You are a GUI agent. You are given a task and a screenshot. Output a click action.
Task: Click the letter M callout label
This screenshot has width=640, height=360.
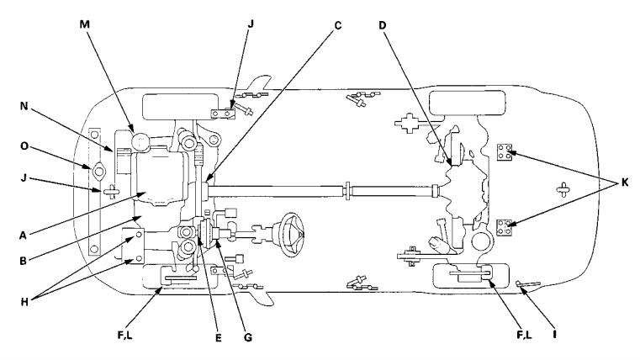click(x=84, y=24)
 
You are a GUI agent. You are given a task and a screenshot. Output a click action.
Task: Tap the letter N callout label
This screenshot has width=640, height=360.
click(x=24, y=106)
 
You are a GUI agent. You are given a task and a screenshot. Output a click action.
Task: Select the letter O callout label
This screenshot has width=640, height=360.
click(x=24, y=146)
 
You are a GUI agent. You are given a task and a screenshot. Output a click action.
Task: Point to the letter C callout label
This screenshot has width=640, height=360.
click(x=337, y=26)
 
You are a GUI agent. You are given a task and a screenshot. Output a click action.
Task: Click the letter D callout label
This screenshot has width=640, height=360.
click(x=382, y=25)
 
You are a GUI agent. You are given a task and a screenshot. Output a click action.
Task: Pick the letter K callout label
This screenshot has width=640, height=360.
click(x=625, y=183)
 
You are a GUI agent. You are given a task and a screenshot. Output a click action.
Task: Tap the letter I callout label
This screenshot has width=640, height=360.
click(x=554, y=334)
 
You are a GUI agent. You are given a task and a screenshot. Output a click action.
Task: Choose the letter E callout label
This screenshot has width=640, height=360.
click(x=219, y=337)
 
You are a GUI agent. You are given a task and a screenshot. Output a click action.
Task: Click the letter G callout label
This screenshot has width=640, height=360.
click(x=248, y=337)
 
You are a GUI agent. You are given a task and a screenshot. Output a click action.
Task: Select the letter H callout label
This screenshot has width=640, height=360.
click(x=24, y=302)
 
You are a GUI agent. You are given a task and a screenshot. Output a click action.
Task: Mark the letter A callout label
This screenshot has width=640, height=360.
click(x=23, y=236)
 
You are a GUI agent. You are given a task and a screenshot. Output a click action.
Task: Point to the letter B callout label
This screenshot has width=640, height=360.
click(x=24, y=261)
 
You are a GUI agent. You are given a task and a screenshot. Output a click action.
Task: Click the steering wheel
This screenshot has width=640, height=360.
click(x=293, y=235)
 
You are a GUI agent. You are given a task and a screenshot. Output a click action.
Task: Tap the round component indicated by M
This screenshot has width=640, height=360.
click(x=140, y=142)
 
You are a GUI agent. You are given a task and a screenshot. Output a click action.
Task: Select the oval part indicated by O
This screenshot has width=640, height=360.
click(x=98, y=172)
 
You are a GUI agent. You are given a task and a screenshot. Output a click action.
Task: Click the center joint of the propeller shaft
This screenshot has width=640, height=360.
click(x=347, y=191)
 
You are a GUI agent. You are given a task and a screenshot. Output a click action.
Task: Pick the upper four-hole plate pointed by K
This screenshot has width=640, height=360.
click(x=505, y=152)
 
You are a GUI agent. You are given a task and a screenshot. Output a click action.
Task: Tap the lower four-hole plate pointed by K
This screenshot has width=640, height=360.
click(x=505, y=227)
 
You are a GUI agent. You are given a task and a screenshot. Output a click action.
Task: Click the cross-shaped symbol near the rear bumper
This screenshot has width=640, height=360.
click(x=563, y=189)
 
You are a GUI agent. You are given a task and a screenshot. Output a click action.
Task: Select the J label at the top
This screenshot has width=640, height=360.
click(x=251, y=24)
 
